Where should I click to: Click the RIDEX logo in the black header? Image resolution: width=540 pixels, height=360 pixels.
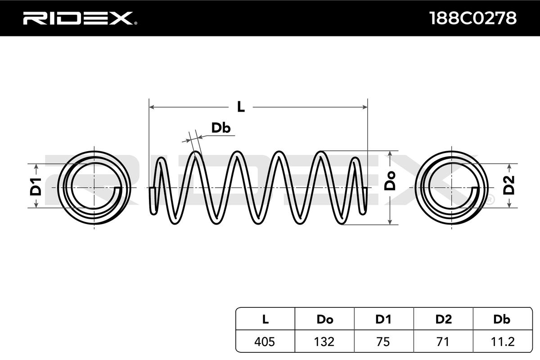(x=80, y=18)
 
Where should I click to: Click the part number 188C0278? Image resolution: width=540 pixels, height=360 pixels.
(x=473, y=18)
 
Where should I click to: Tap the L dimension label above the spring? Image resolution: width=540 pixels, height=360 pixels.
(x=241, y=107)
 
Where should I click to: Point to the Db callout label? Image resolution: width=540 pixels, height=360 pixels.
(x=221, y=128)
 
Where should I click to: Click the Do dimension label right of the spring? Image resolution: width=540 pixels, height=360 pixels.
(x=390, y=181)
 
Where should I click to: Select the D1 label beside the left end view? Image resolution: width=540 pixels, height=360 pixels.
(x=36, y=187)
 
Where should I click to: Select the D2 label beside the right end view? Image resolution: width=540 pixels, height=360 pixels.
(x=509, y=185)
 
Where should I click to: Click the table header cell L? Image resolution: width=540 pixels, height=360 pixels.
(x=265, y=319)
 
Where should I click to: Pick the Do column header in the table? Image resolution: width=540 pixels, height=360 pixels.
(x=325, y=319)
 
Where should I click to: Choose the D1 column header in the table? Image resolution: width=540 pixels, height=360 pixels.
(x=383, y=319)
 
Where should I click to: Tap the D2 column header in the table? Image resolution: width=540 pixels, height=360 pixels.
(x=443, y=319)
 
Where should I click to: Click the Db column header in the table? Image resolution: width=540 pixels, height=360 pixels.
(x=502, y=319)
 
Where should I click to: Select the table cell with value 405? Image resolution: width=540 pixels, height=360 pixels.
(x=265, y=342)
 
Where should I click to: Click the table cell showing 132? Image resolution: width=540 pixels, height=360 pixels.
(x=324, y=342)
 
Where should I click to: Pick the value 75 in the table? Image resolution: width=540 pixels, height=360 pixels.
(x=383, y=342)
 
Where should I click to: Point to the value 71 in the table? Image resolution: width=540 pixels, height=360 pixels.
(x=443, y=342)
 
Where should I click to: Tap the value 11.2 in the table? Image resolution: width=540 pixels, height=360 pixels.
(x=503, y=342)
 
